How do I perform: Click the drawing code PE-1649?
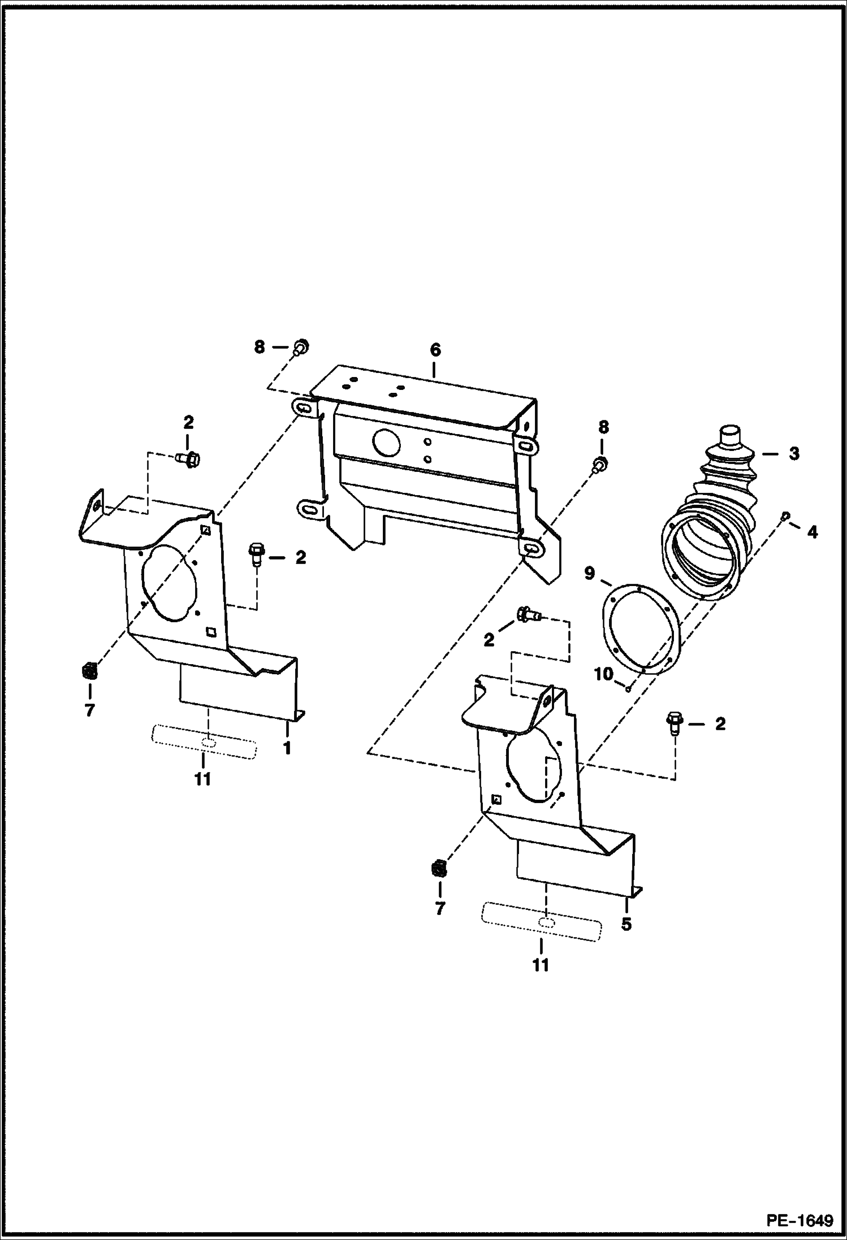800,1219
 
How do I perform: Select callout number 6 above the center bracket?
434,350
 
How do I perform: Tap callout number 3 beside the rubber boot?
794,453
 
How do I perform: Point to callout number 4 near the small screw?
813,532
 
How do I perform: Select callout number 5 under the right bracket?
626,925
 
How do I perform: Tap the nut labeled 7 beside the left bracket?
89,673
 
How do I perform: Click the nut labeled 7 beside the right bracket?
439,870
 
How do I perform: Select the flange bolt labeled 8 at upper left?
301,348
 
